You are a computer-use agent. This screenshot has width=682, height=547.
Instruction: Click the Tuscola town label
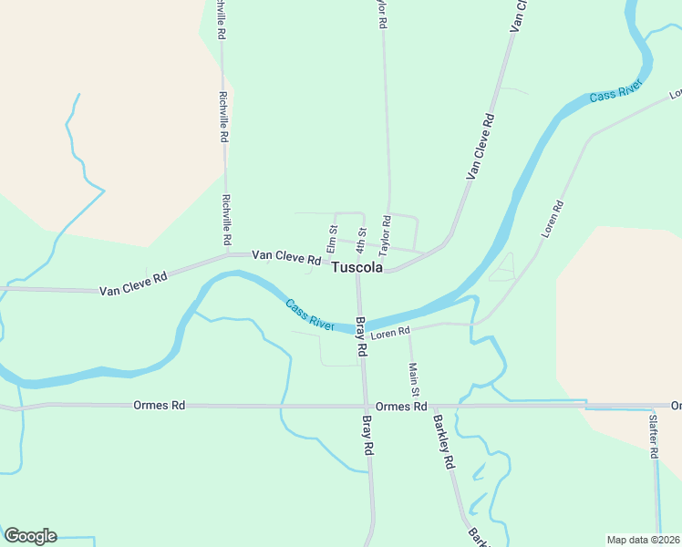(357, 268)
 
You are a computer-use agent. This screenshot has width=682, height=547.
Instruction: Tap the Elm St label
(333, 239)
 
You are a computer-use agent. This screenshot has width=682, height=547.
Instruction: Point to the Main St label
(413, 378)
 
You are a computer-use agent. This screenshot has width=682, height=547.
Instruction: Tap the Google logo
(30, 536)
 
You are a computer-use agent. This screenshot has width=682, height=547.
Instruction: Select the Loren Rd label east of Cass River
(553, 220)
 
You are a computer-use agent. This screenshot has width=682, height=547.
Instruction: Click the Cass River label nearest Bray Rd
(310, 315)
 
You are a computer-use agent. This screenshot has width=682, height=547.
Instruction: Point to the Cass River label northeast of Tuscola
(615, 91)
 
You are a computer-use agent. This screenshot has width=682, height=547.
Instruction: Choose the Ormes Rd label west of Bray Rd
(159, 405)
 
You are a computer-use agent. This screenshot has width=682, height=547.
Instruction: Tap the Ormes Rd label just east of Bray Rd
(401, 406)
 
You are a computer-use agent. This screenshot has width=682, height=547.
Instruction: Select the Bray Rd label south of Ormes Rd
(367, 436)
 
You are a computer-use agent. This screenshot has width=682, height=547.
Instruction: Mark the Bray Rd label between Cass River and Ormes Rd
(360, 336)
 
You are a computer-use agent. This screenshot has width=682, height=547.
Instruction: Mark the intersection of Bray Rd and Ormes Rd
(367, 406)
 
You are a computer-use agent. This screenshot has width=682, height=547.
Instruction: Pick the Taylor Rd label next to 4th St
(386, 234)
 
